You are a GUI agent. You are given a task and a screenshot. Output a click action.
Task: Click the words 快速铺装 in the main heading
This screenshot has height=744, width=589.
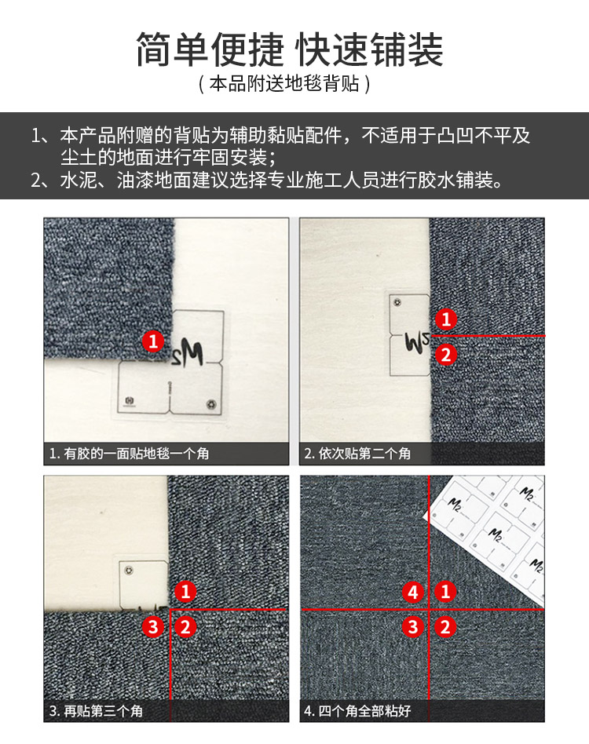pyautogui.click(x=369, y=49)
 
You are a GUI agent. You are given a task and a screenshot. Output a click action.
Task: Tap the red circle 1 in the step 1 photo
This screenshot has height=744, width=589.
pyautogui.click(x=153, y=341)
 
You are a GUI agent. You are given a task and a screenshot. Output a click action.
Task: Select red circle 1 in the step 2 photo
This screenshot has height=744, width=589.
pyautogui.click(x=445, y=319)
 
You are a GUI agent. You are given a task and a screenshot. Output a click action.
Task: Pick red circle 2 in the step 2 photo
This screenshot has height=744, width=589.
pyautogui.click(x=445, y=355)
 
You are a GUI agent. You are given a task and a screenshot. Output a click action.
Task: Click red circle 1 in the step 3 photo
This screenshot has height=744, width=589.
pyautogui.click(x=185, y=592)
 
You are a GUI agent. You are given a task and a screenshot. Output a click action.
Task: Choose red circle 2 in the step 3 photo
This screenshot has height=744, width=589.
pyautogui.click(x=185, y=627)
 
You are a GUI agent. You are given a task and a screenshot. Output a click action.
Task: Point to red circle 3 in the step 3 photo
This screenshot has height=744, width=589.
pyautogui.click(x=153, y=627)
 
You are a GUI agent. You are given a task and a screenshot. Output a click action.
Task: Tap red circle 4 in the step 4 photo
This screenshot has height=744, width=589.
pyautogui.click(x=413, y=592)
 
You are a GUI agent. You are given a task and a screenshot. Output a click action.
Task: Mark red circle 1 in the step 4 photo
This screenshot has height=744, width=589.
pyautogui.click(x=445, y=592)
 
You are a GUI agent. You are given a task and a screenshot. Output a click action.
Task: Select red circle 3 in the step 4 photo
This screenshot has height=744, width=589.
pyautogui.click(x=413, y=627)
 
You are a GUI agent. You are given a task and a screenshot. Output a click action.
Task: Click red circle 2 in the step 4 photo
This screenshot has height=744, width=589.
pyautogui.click(x=445, y=627)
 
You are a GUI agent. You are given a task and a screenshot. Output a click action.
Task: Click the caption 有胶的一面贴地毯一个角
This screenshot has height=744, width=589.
pyautogui.click(x=136, y=454)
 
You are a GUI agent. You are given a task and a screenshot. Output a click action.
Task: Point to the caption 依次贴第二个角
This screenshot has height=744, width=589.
pyautogui.click(x=364, y=454)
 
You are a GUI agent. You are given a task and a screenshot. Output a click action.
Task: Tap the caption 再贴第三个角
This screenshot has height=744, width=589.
pyautogui.click(x=104, y=711)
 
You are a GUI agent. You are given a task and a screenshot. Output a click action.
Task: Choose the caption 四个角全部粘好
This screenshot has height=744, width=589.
pyautogui.click(x=364, y=711)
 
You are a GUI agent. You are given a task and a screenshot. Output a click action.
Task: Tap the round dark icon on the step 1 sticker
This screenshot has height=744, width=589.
pyautogui.click(x=211, y=404)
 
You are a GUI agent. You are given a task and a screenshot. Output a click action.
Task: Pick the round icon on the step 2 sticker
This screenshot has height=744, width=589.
pyautogui.click(x=397, y=302)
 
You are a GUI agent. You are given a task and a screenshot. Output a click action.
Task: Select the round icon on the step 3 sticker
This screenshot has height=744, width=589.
pyautogui.click(x=127, y=570)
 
